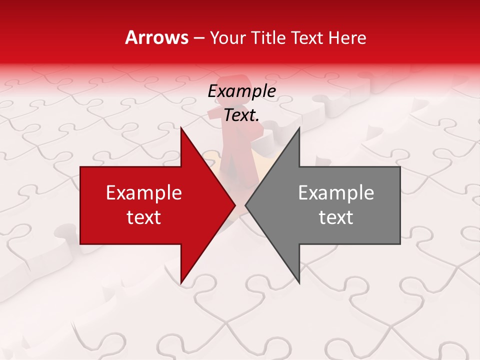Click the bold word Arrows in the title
click(157, 37)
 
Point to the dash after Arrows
click(199, 38)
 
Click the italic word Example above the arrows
click(241, 91)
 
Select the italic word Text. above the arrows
click(241, 115)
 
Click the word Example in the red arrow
click(144, 193)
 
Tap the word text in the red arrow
click(144, 217)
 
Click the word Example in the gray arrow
click(336, 193)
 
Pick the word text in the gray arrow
click(336, 217)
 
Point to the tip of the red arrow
click(234, 205)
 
